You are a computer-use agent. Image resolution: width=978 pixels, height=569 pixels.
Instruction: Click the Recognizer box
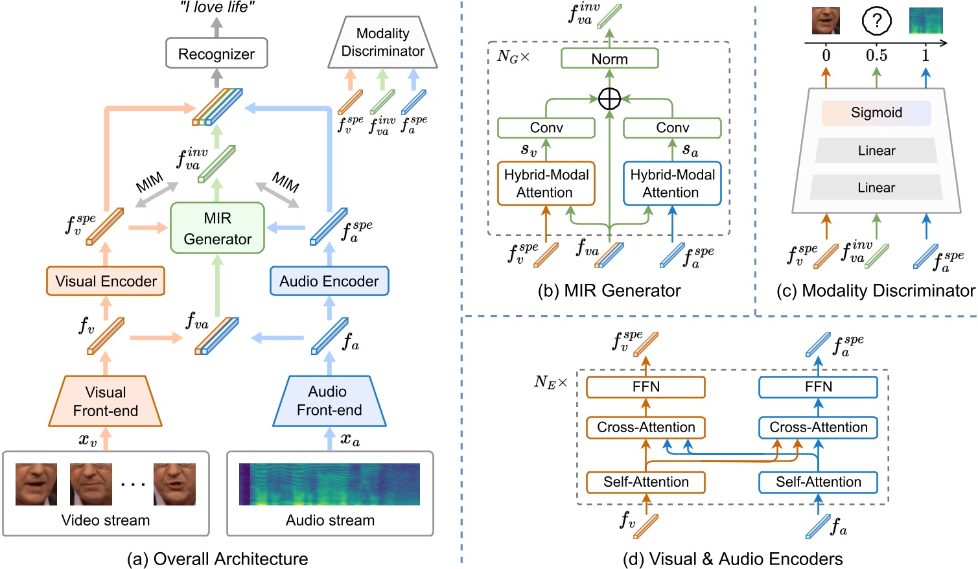point(216,54)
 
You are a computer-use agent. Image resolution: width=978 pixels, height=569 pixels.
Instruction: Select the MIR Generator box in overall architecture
point(217,228)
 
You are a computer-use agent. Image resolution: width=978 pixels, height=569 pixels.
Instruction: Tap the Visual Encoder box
point(106,281)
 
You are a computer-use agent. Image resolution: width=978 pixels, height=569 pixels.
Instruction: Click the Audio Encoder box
point(329,281)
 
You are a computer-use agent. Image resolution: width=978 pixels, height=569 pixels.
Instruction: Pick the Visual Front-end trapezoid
point(106,401)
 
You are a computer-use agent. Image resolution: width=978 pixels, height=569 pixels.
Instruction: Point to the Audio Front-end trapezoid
point(329,401)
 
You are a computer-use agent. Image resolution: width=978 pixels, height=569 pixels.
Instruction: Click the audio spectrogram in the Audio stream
point(329,484)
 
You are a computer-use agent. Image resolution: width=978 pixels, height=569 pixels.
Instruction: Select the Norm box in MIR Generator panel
point(609,59)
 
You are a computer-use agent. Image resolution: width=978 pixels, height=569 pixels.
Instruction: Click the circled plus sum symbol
point(609,99)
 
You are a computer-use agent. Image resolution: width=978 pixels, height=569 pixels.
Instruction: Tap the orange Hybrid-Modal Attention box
point(546,183)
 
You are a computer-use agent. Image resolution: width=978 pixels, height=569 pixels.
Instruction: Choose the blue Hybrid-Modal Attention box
point(672,183)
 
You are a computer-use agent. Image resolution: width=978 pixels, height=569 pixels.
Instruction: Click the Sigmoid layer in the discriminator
point(876,113)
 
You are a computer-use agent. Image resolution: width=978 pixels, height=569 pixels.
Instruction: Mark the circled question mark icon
point(876,21)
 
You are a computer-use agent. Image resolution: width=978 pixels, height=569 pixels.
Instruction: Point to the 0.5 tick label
point(876,56)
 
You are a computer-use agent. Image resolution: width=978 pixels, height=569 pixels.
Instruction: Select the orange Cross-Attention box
point(646,428)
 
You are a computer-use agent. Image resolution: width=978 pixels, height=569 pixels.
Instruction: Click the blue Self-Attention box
point(818,482)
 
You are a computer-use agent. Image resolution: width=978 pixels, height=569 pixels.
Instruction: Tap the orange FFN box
point(646,387)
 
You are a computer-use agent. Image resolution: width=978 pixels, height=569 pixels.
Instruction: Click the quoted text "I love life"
point(217,8)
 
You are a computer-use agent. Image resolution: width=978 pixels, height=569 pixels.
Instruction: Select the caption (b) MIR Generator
point(609,291)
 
